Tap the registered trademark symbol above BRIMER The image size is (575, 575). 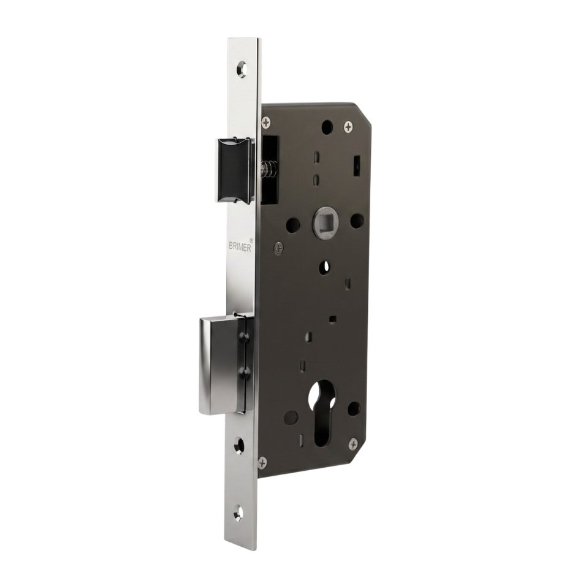point(251,238)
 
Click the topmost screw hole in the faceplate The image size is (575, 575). point(241,69)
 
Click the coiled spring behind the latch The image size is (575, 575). point(267,170)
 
